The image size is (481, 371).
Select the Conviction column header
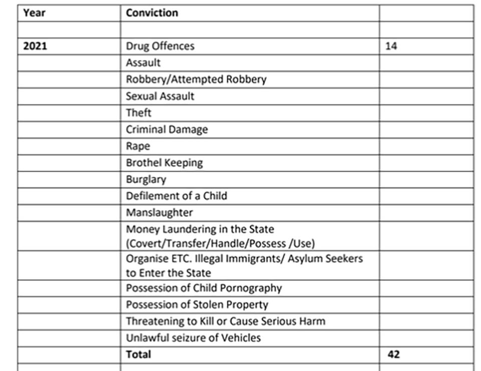[x=152, y=13]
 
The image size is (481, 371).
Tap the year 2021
[x=35, y=46]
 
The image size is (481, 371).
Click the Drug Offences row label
[x=160, y=46]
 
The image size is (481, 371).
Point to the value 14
[x=391, y=46]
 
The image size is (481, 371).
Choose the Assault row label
[x=143, y=63]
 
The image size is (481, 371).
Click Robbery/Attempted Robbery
[x=196, y=79]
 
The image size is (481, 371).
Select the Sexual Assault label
[x=160, y=96]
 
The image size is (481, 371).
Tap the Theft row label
[x=138, y=112]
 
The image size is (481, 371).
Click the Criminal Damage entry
[x=166, y=129]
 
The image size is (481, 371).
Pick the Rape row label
[x=138, y=146]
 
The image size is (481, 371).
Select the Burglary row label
[x=146, y=179]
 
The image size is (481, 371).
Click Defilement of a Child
[x=176, y=195]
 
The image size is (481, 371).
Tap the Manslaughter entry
[x=159, y=212]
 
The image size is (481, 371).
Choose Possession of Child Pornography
[x=203, y=288]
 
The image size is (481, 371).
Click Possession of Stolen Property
[x=197, y=304]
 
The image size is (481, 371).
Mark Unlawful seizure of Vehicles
[x=193, y=338]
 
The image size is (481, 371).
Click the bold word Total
[x=138, y=354]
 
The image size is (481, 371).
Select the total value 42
[x=393, y=354]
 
